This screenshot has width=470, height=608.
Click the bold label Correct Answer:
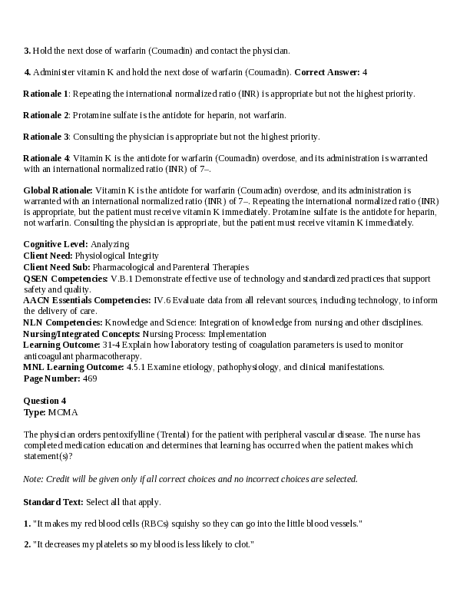(327, 72)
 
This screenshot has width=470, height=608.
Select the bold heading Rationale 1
(46, 94)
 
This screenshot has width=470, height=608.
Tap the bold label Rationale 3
(46, 137)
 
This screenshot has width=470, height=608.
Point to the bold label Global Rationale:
(58, 190)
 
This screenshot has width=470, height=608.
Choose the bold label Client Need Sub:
(57, 266)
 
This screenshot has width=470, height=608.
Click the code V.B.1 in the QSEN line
(123, 278)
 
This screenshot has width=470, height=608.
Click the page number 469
(90, 378)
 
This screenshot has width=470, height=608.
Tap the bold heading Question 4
(45, 401)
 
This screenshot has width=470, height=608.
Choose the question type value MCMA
(62, 412)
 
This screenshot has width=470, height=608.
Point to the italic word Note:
(33, 479)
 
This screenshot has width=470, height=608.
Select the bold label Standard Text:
(53, 502)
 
